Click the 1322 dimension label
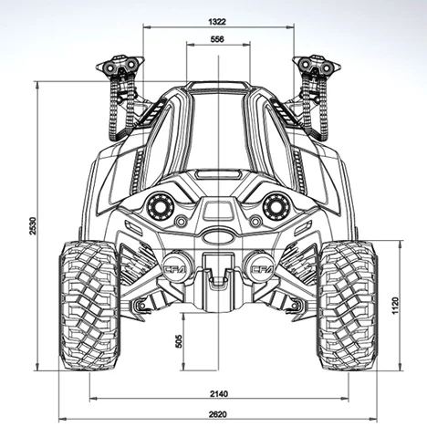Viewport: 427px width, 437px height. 217,22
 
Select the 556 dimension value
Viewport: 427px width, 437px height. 217,39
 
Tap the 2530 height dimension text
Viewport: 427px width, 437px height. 33,225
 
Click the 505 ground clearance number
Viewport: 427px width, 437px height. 179,341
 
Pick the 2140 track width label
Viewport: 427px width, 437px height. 219,394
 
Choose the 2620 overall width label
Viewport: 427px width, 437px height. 218,414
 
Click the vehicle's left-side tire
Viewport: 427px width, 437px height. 89,306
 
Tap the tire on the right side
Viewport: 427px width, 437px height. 348,306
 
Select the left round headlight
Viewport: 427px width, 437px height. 161,207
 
